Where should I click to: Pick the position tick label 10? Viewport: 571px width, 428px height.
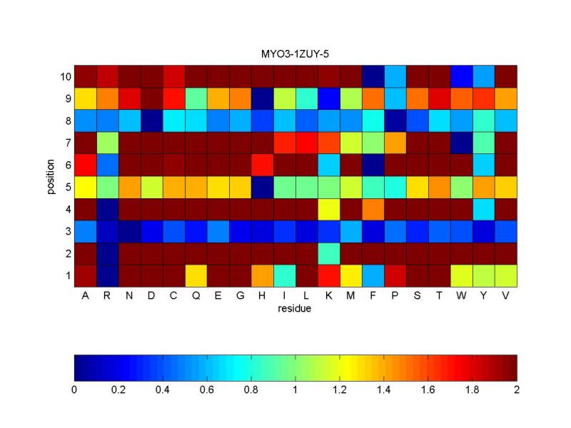63,76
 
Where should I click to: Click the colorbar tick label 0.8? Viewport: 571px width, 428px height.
251,390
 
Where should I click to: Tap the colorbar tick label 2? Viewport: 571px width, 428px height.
517,390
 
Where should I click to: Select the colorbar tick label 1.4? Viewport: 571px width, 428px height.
384,390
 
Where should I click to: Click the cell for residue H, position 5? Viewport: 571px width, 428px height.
262,187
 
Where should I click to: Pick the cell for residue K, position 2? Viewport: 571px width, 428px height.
328,253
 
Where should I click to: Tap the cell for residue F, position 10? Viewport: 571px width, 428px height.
373,76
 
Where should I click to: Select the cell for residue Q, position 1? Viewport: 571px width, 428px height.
196,275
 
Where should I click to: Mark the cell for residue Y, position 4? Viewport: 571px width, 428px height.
483,209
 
